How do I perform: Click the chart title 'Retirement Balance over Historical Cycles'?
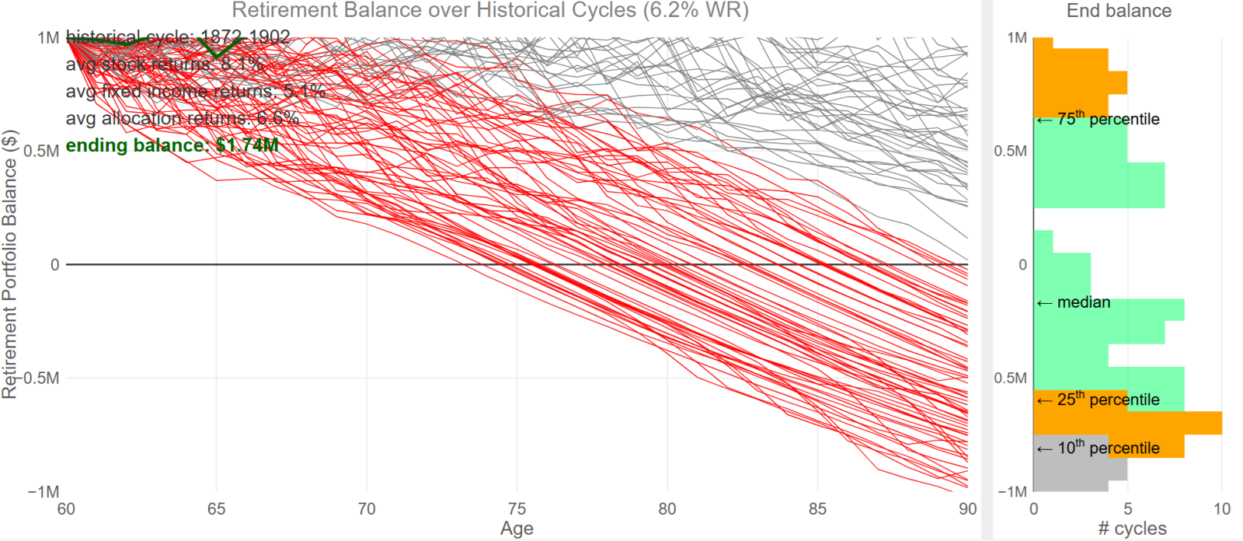click(490, 11)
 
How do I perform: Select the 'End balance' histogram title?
click(1119, 11)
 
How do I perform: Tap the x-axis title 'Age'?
click(517, 529)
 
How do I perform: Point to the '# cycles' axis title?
click(1132, 529)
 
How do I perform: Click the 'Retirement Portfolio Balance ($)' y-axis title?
click(9, 264)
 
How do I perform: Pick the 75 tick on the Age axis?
click(517, 509)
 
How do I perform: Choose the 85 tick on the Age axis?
click(817, 509)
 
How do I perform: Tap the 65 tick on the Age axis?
click(216, 509)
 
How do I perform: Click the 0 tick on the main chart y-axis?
click(54, 265)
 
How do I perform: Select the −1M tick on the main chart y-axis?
click(44, 492)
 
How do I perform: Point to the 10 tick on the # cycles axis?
click(1222, 509)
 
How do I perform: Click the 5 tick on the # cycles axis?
click(1127, 509)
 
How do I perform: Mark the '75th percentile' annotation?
click(1099, 119)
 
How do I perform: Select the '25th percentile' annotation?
click(1099, 400)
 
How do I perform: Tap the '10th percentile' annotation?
click(1099, 448)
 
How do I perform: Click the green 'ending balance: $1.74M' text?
click(172, 145)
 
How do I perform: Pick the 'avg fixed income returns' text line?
click(195, 92)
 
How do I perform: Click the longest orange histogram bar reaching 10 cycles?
click(1165, 423)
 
